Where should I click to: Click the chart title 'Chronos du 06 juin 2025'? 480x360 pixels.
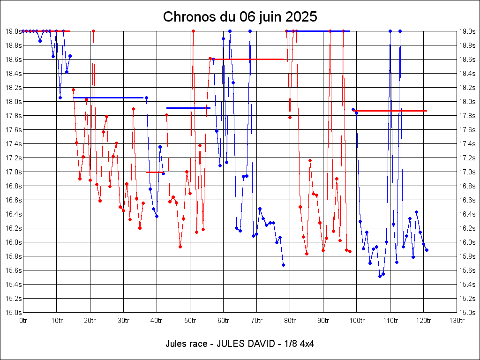[x=240, y=17]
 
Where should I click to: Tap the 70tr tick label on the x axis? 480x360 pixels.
[x=257, y=321]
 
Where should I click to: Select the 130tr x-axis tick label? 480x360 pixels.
[x=457, y=321]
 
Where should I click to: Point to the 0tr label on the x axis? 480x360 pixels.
[x=23, y=321]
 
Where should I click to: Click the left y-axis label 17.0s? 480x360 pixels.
[x=13, y=172]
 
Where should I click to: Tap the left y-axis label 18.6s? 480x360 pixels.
[x=13, y=60]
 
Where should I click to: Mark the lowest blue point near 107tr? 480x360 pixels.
[x=380, y=276]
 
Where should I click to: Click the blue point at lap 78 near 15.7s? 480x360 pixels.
[x=283, y=265]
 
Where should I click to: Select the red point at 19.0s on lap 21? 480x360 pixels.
[x=93, y=31]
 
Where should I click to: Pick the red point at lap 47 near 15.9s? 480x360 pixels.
[x=180, y=247]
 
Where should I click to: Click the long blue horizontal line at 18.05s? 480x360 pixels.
[x=108, y=97]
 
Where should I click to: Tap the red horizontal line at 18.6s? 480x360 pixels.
[x=248, y=59]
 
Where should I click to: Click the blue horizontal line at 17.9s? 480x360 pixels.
[x=187, y=108]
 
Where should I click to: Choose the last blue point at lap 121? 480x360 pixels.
[x=427, y=250]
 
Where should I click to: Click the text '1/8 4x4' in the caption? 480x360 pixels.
[x=299, y=344]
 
